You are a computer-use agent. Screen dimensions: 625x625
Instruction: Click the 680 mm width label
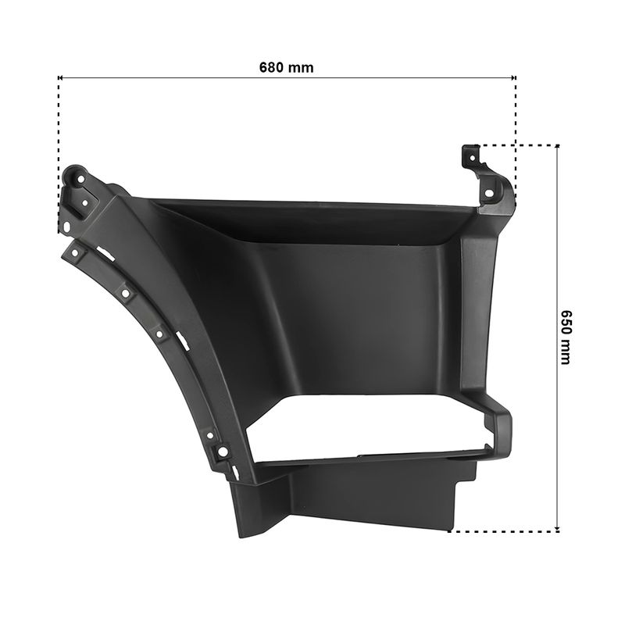pos(286,67)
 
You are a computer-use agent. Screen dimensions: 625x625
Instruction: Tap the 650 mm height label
pos(565,337)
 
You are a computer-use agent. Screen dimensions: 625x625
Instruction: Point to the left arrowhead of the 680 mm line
pos(60,77)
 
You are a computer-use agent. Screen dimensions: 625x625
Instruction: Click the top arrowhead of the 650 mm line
pos(557,147)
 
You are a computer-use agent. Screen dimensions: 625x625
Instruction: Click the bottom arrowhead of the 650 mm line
pos(557,530)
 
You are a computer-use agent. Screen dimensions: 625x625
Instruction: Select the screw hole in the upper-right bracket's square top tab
pos(473,159)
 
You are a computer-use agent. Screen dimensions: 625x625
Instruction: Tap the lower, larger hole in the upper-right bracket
pos(489,194)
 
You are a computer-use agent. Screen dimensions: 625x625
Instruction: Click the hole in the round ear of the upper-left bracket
pos(80,179)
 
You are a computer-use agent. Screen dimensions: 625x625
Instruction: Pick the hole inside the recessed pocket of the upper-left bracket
pos(84,203)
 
